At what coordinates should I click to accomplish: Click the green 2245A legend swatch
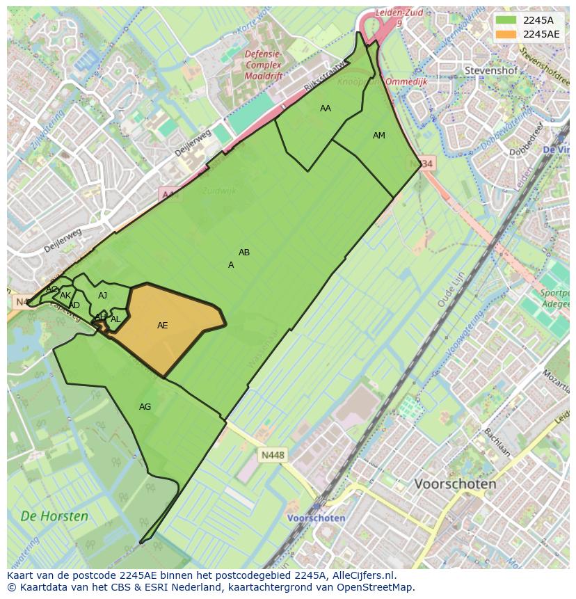506,20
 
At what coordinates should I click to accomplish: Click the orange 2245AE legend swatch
506,34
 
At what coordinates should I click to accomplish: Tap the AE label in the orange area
163,326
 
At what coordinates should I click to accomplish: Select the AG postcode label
145,407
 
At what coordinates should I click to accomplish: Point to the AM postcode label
379,136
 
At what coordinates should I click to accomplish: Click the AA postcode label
326,109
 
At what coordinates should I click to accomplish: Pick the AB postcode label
244,253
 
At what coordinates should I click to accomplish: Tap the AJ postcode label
103,296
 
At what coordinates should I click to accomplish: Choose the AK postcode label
65,296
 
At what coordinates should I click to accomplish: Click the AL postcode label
115,319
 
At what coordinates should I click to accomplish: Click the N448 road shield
272,456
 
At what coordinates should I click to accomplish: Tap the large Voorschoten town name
455,484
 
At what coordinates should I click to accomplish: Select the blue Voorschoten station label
317,518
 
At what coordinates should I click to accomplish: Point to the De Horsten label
54,516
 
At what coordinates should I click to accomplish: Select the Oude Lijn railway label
451,289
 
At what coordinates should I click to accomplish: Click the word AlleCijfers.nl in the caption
362,575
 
